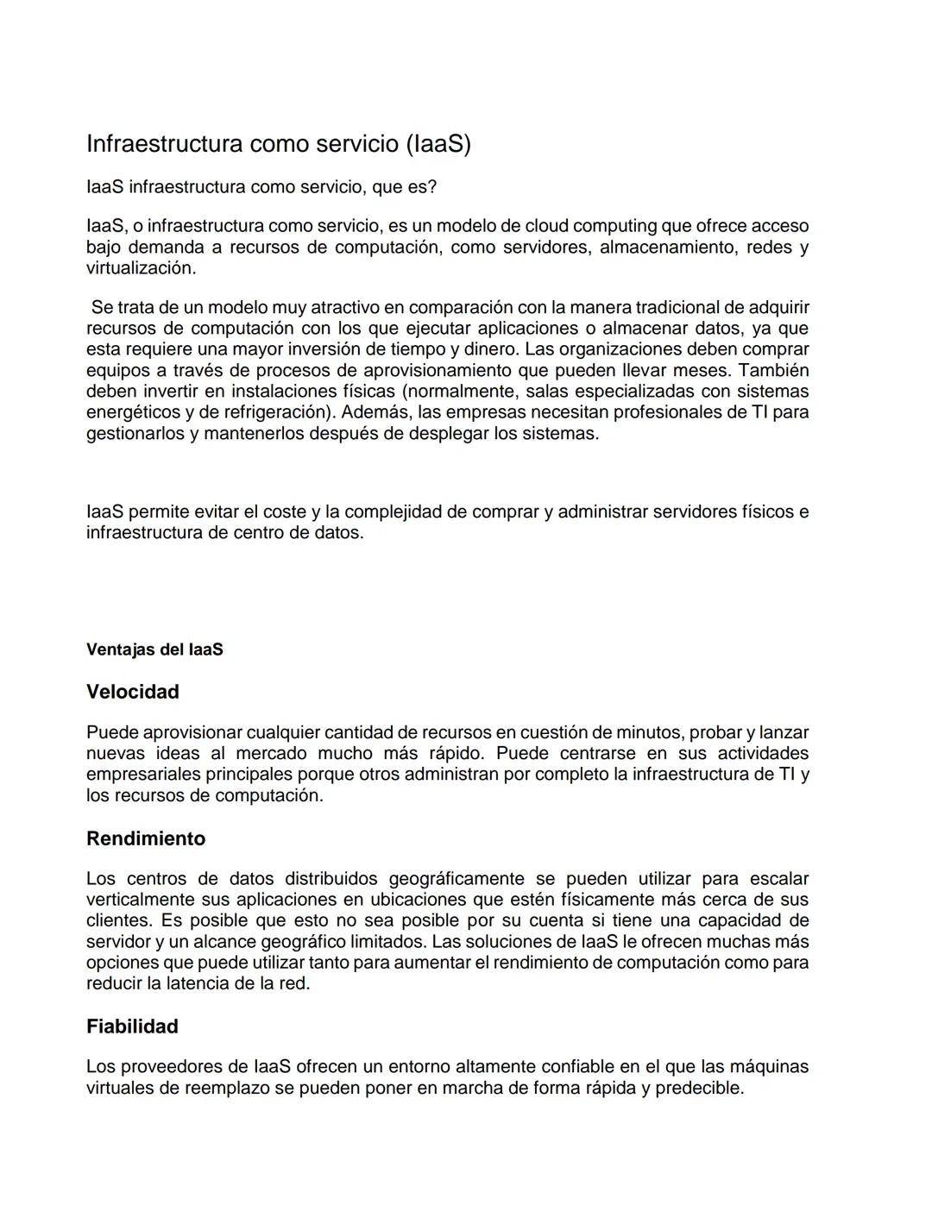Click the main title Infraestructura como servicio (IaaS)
point(279,143)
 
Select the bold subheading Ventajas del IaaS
point(154,650)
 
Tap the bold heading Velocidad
point(133,692)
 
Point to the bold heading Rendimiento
point(146,838)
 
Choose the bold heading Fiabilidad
point(132,1026)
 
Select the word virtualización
point(140,268)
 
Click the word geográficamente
point(456,879)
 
